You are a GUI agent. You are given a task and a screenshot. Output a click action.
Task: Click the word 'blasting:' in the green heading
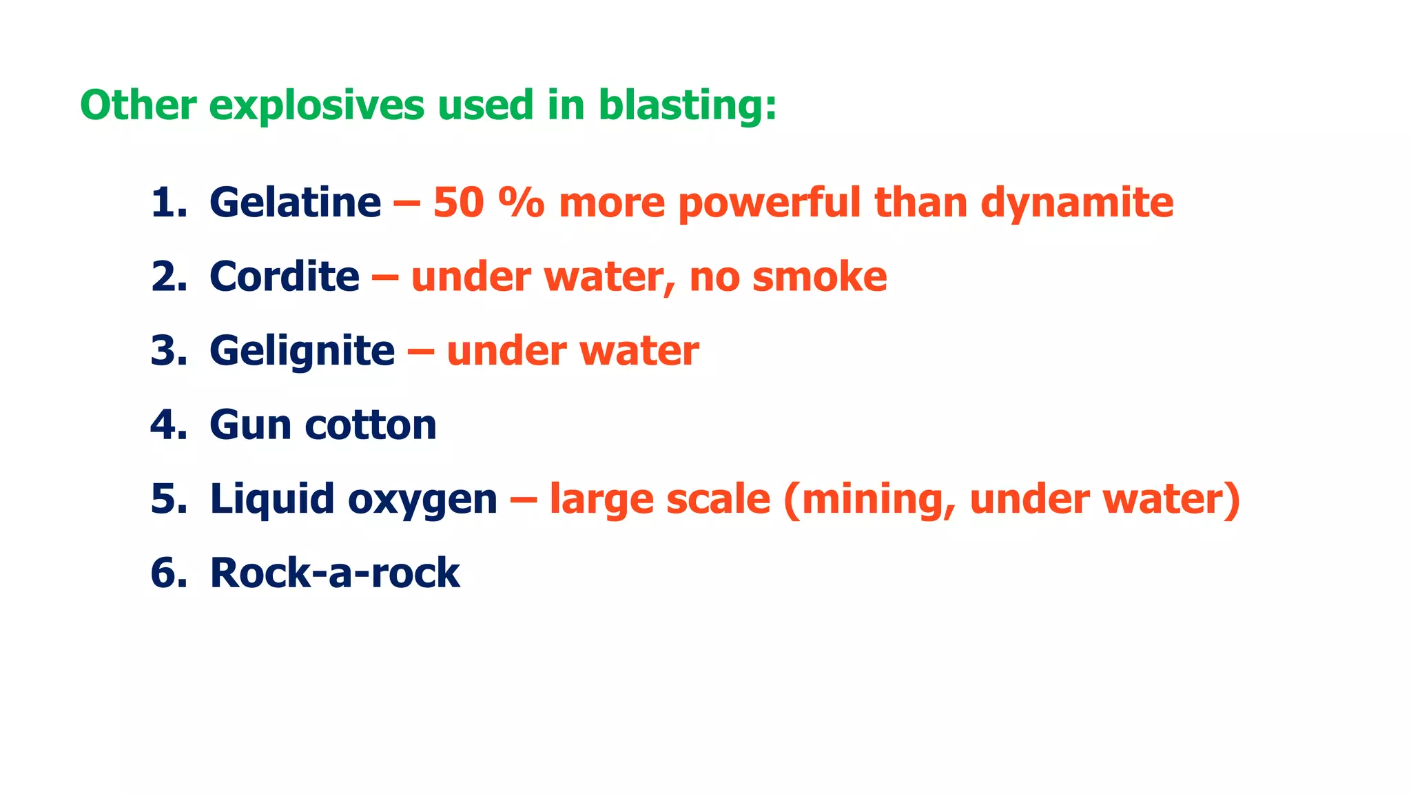[688, 105]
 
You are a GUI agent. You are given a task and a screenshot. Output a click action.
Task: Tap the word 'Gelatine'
[295, 203]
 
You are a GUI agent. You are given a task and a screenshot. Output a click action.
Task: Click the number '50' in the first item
[458, 203]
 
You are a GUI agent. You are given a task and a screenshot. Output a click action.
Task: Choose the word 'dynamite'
[1077, 204]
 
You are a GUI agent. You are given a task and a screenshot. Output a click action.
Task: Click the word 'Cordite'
[284, 276]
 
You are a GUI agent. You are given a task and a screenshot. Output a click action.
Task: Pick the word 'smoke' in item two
[819, 276]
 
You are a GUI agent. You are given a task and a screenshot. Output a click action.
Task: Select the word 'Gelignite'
[302, 352]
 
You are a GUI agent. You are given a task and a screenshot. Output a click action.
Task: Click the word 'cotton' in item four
[370, 425]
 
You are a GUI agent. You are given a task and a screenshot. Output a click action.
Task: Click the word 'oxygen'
[422, 500]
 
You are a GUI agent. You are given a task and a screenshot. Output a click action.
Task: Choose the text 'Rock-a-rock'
[335, 573]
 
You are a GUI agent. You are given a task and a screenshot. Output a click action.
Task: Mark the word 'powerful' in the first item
[770, 204]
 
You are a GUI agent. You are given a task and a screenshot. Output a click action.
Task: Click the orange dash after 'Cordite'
[384, 278]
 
